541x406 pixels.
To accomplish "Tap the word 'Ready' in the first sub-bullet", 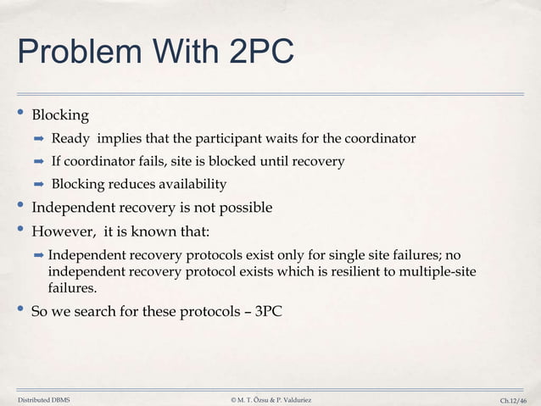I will [x=70, y=139].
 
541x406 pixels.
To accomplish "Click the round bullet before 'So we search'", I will [x=21, y=311].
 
